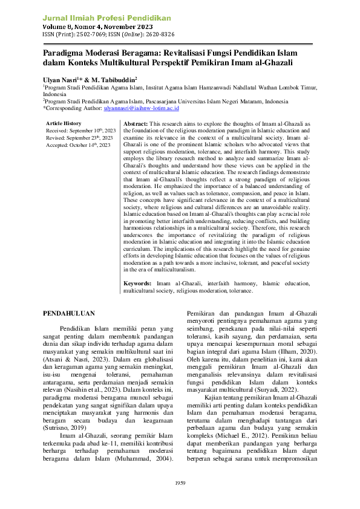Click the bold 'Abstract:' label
click(x=136, y=123)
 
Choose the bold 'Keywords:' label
click(x=137, y=284)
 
